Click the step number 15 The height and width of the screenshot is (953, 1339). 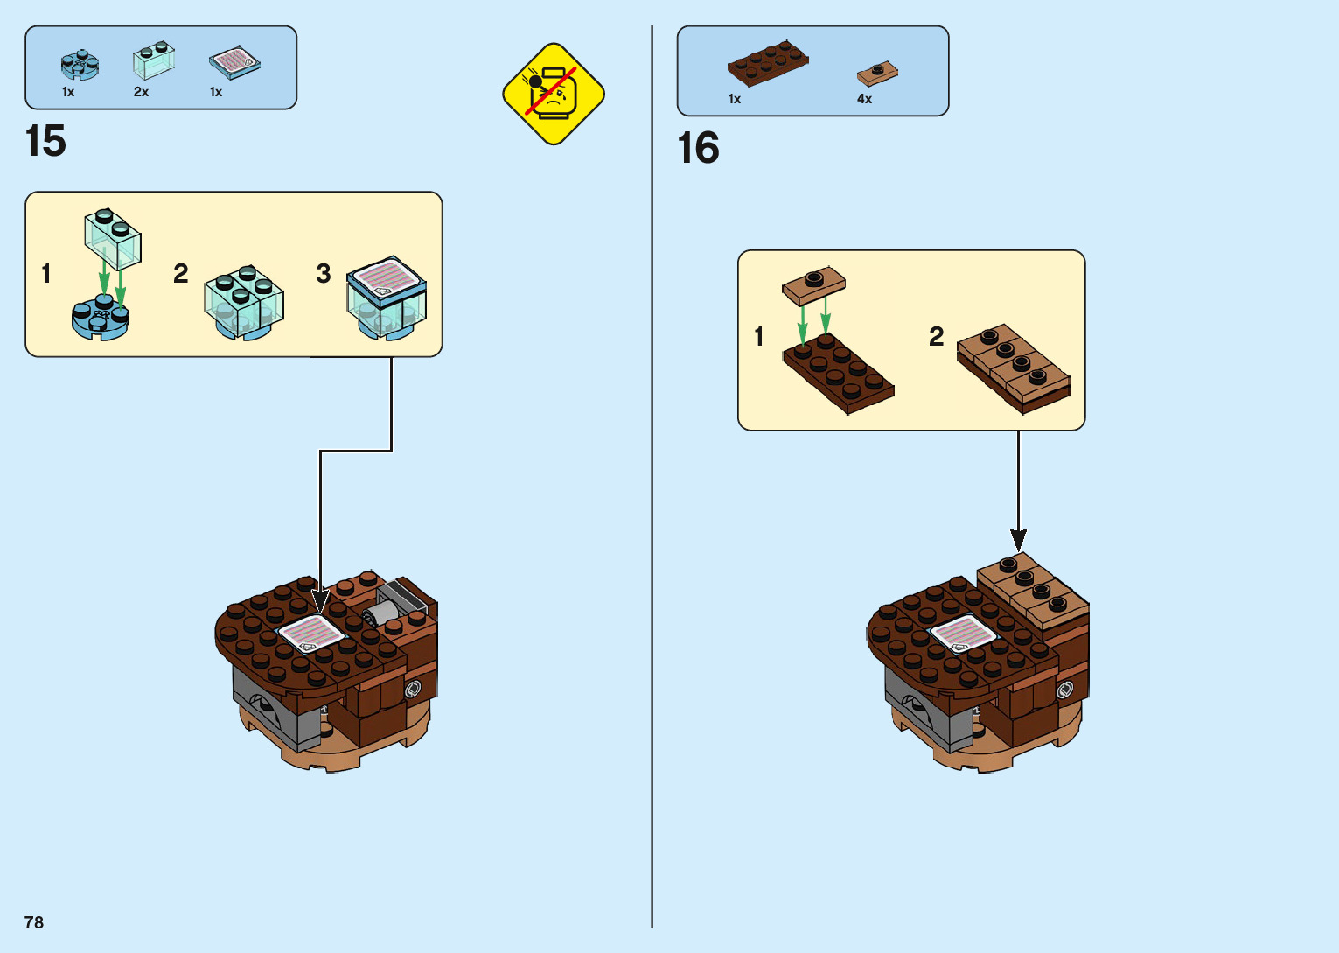45,141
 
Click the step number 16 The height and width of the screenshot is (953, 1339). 698,148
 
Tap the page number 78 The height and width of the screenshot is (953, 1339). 34,922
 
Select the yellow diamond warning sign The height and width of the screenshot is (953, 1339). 554,94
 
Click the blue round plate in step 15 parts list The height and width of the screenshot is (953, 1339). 80,65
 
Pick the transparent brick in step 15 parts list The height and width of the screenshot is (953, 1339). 153,60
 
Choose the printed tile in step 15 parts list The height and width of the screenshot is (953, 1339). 234,63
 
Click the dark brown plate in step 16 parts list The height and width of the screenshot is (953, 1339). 767,62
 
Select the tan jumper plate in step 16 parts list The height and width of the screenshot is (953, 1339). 877,73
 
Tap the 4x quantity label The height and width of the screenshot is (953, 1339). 864,99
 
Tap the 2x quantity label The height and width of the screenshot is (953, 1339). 141,92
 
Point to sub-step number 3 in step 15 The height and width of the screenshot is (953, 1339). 323,274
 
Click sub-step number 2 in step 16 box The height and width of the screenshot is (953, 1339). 936,336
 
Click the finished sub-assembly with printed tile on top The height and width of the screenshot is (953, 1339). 387,297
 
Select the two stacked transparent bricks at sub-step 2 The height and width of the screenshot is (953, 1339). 244,302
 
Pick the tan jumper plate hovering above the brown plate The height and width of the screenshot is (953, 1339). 813,284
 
